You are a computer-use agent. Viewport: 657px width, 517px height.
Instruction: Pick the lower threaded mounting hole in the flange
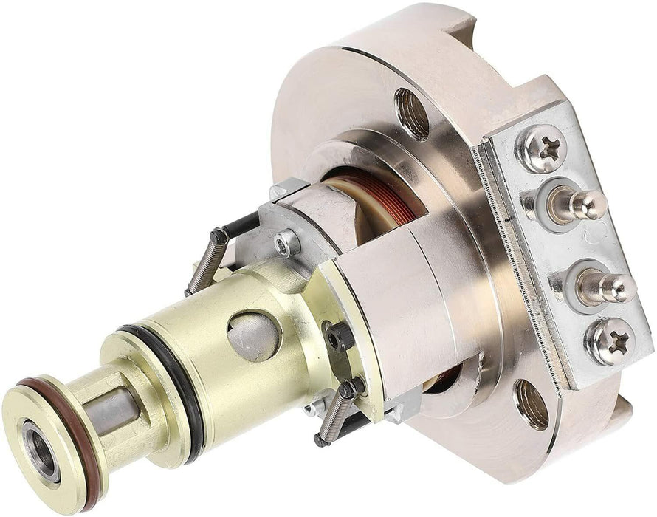[532, 404]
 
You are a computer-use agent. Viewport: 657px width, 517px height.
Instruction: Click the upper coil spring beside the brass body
[206, 261]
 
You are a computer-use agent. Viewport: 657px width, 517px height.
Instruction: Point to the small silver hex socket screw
[286, 242]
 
